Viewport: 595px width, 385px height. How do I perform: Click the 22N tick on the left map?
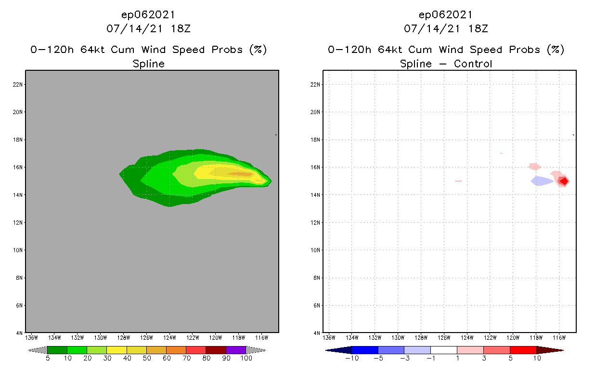[x=18, y=85]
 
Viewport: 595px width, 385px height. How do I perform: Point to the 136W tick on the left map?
[x=31, y=337]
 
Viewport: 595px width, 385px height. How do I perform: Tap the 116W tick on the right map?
[x=559, y=337]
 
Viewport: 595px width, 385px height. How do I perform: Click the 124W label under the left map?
[x=169, y=337]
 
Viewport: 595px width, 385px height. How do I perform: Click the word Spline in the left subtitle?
[x=148, y=64]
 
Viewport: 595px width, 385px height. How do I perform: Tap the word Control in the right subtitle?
[x=471, y=64]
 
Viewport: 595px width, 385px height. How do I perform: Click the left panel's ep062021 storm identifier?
[x=148, y=15]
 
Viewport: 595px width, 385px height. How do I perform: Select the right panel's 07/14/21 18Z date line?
[x=446, y=29]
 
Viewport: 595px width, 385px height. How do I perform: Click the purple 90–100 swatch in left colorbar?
[x=236, y=350]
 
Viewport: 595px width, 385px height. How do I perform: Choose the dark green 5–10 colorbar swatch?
[x=57, y=350]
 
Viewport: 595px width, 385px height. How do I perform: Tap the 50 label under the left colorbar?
[x=147, y=359]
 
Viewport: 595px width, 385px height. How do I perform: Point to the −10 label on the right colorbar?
[x=352, y=359]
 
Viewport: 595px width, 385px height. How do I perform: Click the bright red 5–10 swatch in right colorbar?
[x=523, y=350]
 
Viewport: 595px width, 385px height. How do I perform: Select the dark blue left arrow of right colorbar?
[x=338, y=350]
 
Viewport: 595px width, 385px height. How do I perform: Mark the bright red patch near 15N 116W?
[x=564, y=181]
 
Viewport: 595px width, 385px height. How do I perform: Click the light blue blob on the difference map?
[x=542, y=181]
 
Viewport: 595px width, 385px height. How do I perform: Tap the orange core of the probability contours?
[x=240, y=174]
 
